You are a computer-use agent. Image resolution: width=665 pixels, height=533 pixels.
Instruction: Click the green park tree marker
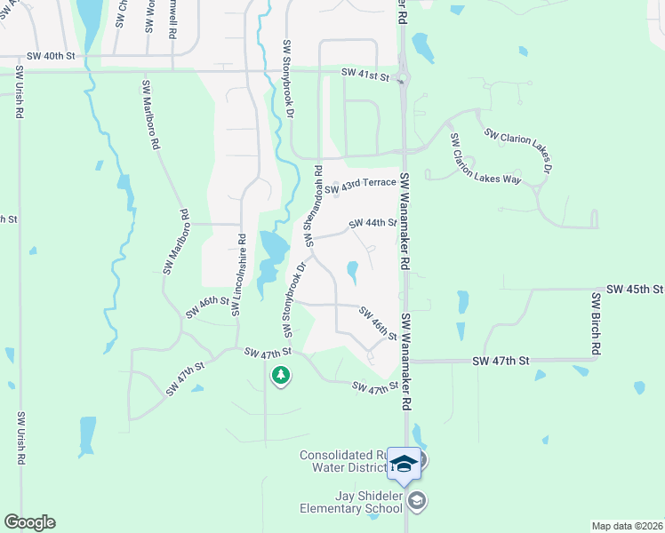coord(281,376)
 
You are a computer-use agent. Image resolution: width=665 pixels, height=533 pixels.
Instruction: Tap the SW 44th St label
coord(373,223)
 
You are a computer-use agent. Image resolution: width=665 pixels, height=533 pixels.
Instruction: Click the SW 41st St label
coord(366,77)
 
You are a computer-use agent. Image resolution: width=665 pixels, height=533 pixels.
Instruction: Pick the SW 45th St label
coord(635,290)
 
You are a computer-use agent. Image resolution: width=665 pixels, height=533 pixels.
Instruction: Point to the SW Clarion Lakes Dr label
coord(519,151)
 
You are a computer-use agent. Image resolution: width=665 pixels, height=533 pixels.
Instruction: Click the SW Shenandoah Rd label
coord(313,204)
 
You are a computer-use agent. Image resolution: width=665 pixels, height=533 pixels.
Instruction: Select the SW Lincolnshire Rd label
coord(237,274)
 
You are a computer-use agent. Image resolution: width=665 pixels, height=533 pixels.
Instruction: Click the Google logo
coord(29,522)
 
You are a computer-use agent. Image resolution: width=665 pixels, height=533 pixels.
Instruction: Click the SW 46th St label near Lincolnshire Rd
coord(207,307)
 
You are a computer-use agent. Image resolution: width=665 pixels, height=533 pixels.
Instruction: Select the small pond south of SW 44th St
coord(353,272)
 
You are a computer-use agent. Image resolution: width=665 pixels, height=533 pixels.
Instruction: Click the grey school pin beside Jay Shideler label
coord(417,502)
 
